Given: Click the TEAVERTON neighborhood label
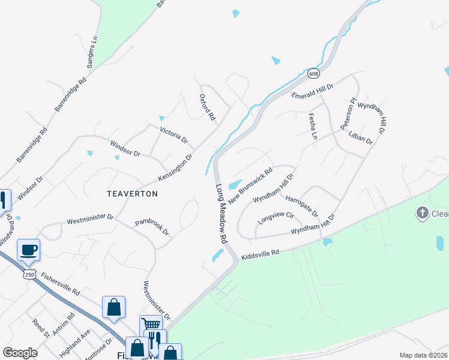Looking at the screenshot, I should pos(132,194).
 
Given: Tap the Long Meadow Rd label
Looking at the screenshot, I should pos(220,212).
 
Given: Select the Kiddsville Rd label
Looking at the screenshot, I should pos(261,255).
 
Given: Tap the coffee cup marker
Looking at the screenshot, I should pos(28,250).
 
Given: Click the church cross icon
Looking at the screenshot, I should pos(423,212).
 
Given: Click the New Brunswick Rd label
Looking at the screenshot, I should pos(250,179).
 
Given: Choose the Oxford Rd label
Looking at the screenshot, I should pos(207,107).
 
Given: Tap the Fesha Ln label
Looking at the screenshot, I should pos(312,126).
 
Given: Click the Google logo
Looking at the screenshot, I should pos(20,353).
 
